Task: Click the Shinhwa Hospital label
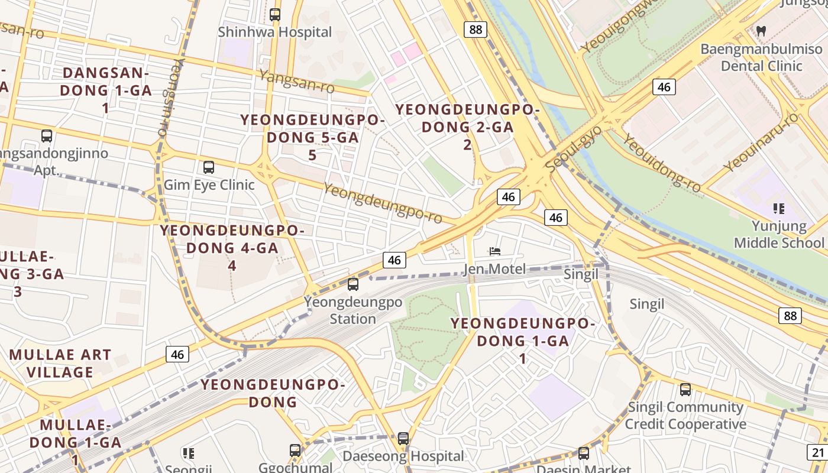(x=275, y=32)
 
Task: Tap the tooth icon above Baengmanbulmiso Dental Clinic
(x=762, y=30)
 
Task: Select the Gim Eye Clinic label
(x=209, y=184)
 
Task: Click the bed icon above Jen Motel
(x=495, y=252)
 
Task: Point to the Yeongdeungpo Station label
(x=353, y=310)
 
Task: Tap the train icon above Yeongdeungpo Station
(x=353, y=284)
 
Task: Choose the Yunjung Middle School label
(x=779, y=234)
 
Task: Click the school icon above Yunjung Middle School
(x=779, y=208)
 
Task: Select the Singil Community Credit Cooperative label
(x=685, y=416)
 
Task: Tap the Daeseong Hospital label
(x=403, y=456)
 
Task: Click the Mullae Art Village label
(x=60, y=363)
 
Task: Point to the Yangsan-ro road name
(x=296, y=81)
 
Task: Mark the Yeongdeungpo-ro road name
(x=383, y=203)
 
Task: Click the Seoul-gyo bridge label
(x=573, y=150)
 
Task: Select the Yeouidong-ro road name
(x=662, y=163)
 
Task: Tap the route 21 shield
(x=818, y=453)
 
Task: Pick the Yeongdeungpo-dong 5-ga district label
(x=312, y=137)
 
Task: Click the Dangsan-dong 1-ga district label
(x=105, y=90)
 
